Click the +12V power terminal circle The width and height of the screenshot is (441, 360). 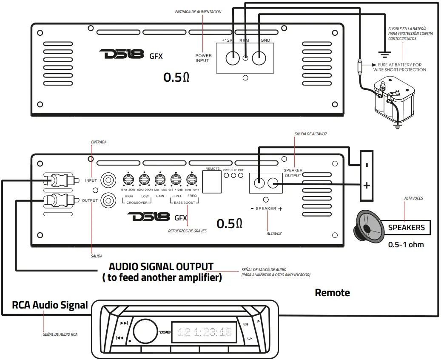point(233,57)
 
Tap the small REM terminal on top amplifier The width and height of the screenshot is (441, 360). point(245,58)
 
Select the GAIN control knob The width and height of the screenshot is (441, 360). point(160,179)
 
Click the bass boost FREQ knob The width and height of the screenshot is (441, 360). point(192,179)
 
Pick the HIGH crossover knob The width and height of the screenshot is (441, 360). point(128,179)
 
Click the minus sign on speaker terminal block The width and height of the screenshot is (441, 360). point(367,165)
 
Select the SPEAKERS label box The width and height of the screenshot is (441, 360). point(406,228)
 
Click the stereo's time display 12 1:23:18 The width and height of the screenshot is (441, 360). point(205,332)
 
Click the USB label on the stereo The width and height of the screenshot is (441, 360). point(245,324)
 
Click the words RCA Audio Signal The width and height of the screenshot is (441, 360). point(50,305)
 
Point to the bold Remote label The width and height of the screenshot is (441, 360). point(332,293)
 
